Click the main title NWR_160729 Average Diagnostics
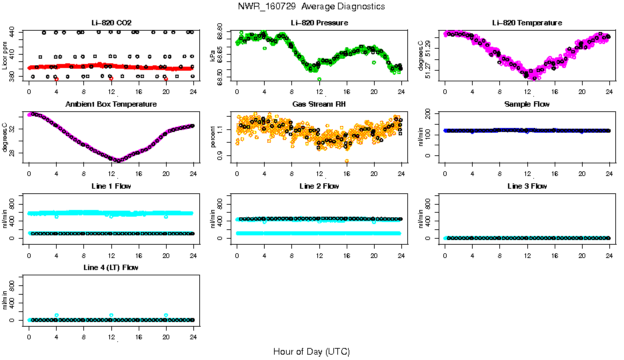point(311,7)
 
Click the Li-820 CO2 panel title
point(111,23)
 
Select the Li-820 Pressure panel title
point(319,23)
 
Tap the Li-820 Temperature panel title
point(526,23)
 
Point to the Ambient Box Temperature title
point(111,104)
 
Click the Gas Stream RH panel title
point(319,104)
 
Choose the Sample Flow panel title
point(526,104)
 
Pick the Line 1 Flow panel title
point(111,186)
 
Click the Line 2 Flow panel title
point(319,186)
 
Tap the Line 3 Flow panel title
point(526,186)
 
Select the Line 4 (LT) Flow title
point(111,267)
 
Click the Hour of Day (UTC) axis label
point(311,351)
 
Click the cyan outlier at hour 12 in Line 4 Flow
point(111,315)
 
